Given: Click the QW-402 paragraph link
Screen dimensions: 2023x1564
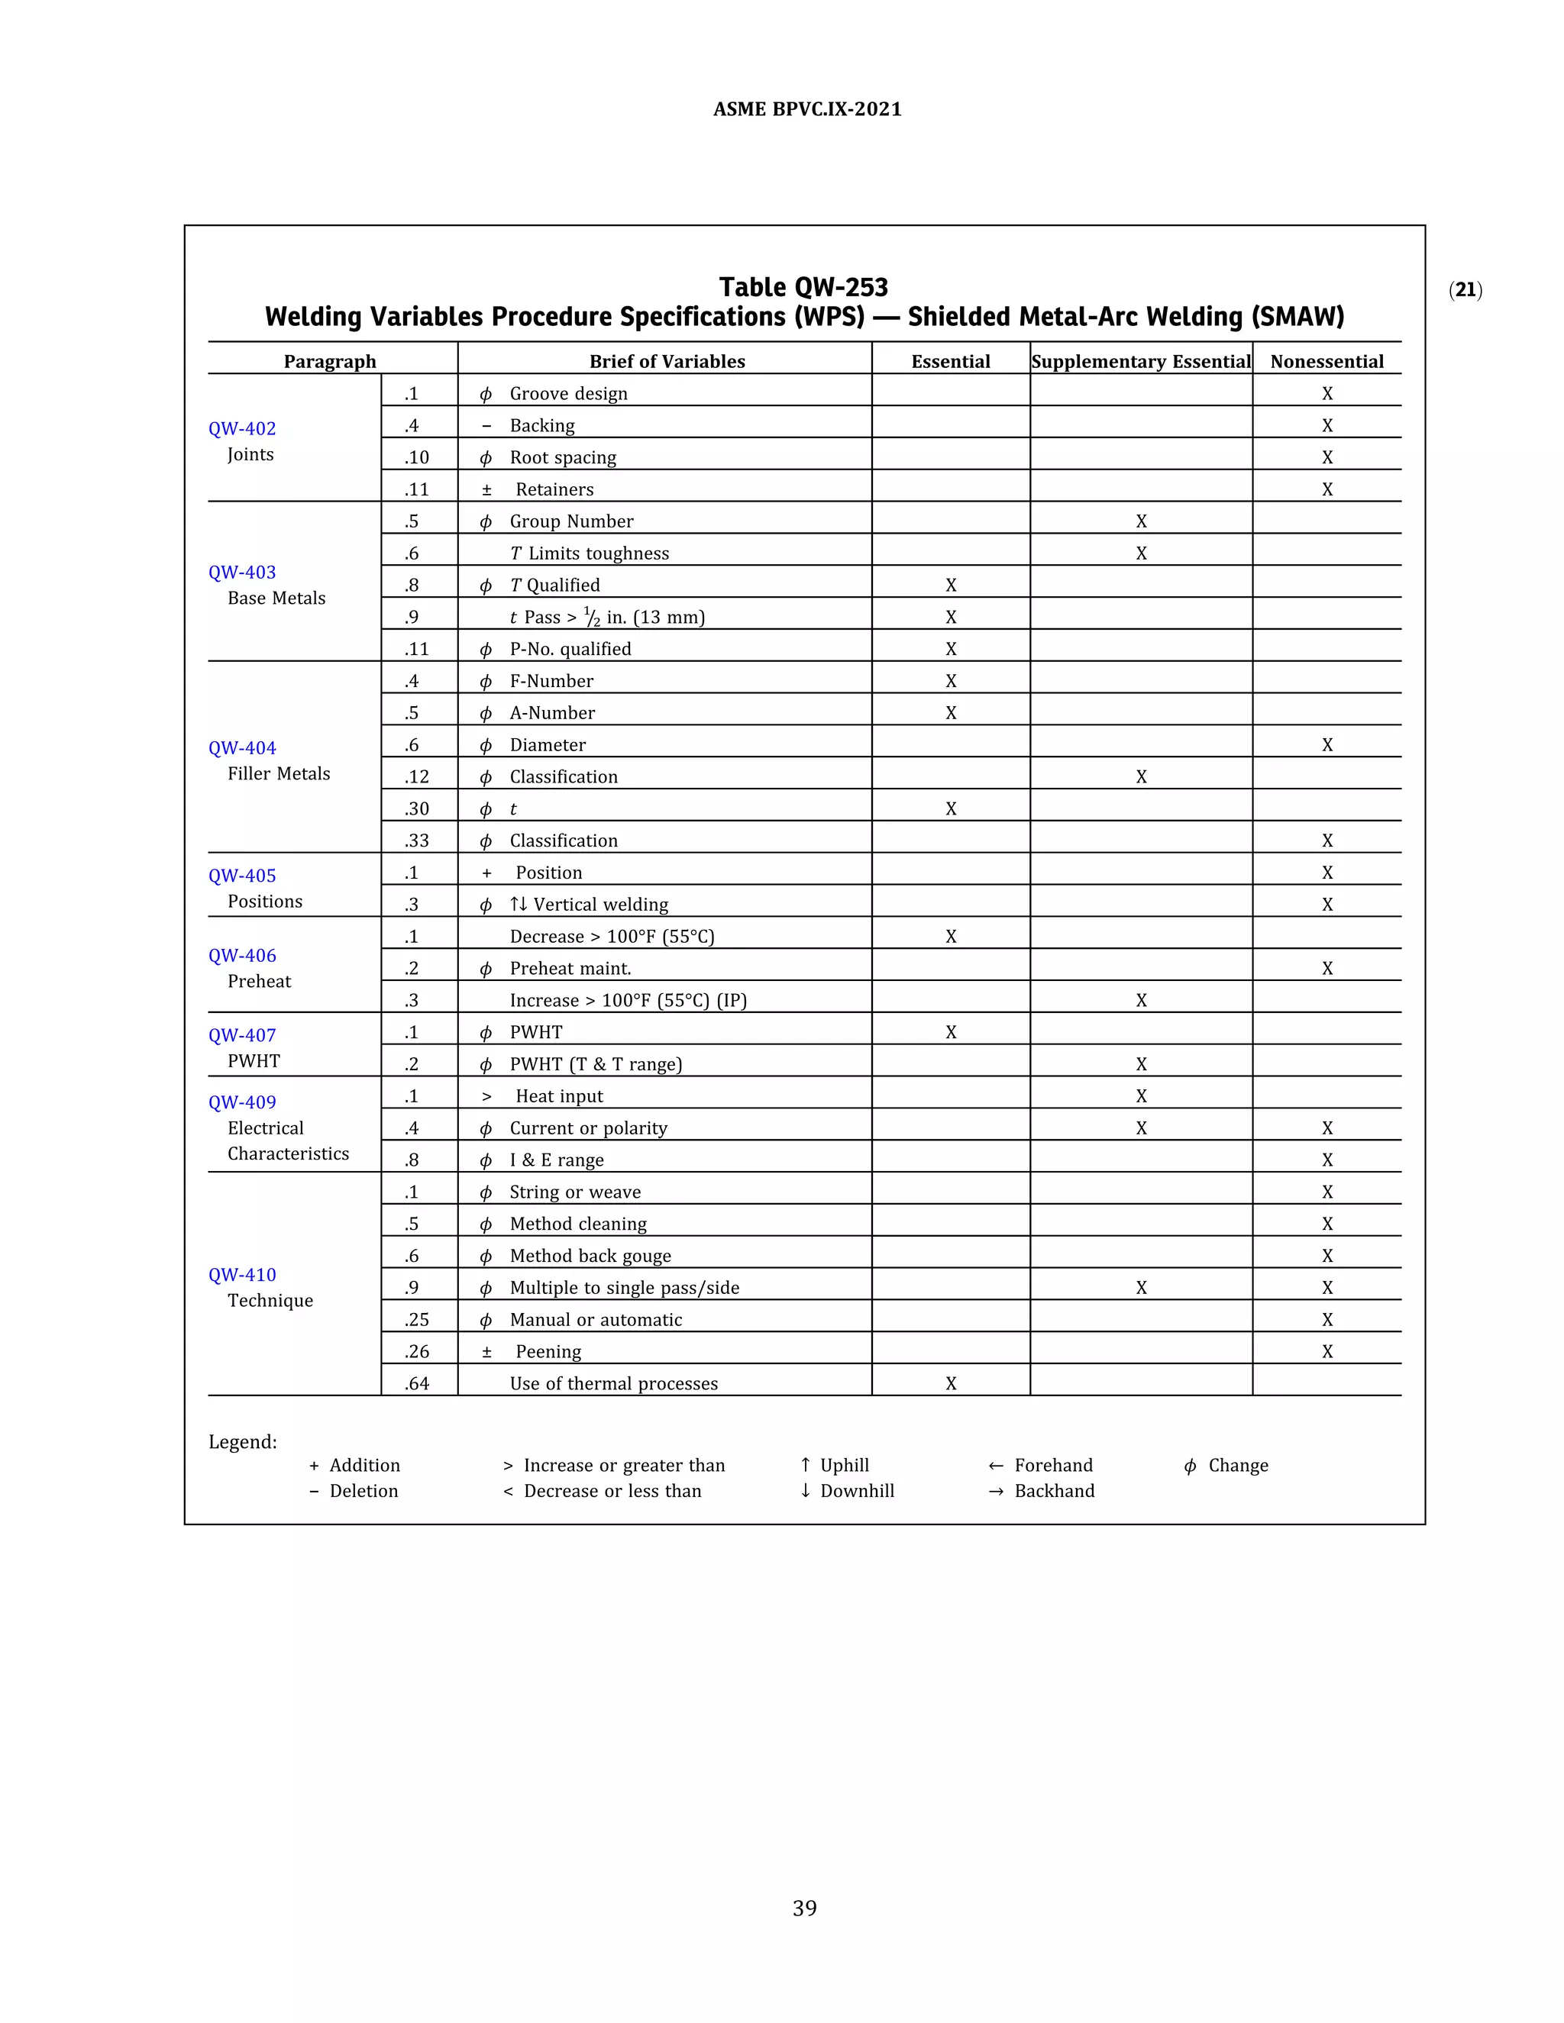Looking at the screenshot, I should point(242,428).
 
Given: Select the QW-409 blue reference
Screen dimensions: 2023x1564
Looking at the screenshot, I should point(242,1102).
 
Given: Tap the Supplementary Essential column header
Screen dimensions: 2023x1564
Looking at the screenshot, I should point(1141,361).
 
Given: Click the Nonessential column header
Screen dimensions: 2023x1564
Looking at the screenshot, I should point(1326,361).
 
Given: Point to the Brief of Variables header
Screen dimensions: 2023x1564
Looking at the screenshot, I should point(667,361).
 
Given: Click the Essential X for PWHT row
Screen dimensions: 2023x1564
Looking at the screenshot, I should point(951,1032).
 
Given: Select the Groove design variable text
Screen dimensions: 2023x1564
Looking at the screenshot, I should point(568,394).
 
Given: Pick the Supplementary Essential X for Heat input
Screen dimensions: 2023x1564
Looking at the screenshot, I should point(1141,1095).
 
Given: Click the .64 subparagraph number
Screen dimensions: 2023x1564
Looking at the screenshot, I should point(417,1383).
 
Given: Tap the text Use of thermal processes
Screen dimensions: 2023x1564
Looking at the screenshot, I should point(613,1383).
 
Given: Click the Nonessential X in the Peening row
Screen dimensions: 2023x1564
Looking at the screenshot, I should point(1326,1351).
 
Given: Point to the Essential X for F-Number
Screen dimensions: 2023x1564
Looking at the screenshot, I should point(951,681).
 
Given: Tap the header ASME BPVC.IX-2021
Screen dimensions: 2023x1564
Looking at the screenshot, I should point(807,109).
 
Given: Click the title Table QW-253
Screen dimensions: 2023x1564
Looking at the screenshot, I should point(803,287).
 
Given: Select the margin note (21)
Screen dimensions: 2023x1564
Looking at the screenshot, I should point(1465,290).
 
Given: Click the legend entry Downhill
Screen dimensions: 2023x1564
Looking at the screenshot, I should point(856,1490).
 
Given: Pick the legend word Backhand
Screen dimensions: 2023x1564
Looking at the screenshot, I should point(1053,1490).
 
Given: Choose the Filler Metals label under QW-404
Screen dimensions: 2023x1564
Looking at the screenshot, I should point(279,773).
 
